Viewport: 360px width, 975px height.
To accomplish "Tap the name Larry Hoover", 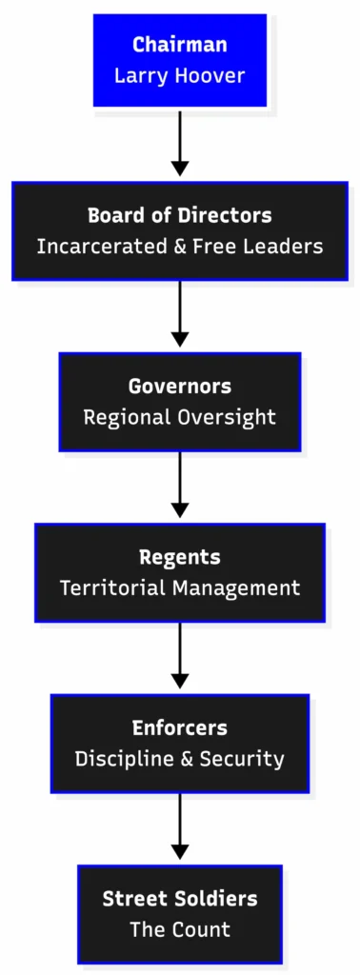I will [180, 75].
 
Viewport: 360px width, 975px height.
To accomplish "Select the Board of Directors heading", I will [180, 215].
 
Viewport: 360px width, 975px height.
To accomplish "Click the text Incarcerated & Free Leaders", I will [180, 247].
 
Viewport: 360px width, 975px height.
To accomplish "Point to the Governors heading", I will [180, 387].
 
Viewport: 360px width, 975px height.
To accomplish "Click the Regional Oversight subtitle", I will [180, 417].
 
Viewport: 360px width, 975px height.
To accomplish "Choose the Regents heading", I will [180, 557].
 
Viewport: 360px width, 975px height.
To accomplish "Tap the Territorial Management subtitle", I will [180, 588].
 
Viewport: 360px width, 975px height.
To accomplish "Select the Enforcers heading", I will [180, 728].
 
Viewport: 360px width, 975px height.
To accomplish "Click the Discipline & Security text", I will [180, 759].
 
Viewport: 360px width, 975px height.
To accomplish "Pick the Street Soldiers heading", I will [180, 899].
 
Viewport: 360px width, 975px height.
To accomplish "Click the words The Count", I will [180, 930].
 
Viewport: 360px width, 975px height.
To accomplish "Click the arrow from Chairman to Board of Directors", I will [180, 143].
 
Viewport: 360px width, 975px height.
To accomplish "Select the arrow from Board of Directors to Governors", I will [180, 314].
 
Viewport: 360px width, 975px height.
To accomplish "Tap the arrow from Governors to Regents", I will [180, 486].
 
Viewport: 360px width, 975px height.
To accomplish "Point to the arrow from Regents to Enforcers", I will [180, 657].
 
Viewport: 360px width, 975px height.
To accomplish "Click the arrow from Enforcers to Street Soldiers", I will [180, 826].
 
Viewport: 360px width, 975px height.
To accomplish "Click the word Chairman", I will [180, 45].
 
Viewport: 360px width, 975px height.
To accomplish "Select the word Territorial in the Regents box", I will [112, 588].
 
